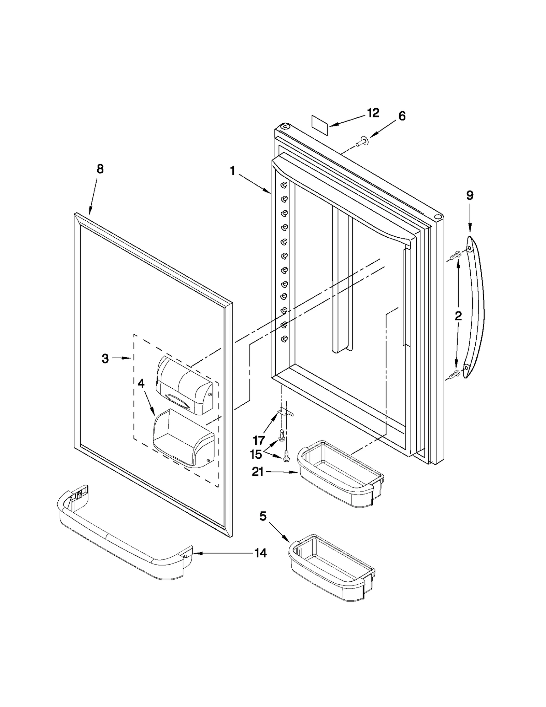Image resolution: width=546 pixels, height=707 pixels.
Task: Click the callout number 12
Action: pyautogui.click(x=373, y=113)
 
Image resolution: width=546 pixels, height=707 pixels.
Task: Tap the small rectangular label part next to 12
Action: pyautogui.click(x=320, y=126)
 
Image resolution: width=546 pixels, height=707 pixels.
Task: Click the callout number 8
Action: pyautogui.click(x=100, y=169)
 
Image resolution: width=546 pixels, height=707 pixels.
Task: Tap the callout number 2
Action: pyautogui.click(x=458, y=316)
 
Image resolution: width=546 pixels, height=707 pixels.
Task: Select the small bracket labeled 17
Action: pyautogui.click(x=285, y=413)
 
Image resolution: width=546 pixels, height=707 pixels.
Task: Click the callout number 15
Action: pyautogui.click(x=256, y=454)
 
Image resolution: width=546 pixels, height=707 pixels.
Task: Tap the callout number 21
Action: pyautogui.click(x=258, y=472)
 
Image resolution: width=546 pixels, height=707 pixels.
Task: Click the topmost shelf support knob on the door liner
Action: pyautogui.click(x=284, y=185)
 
